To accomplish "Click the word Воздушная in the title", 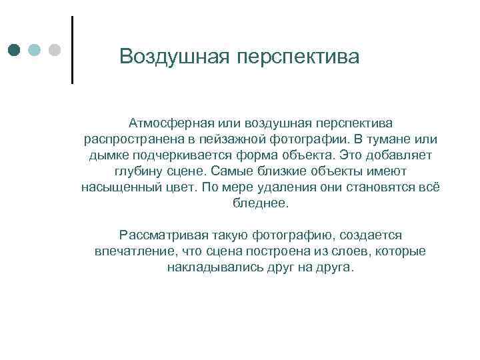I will [x=175, y=57].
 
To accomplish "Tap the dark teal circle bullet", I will [x=14, y=51].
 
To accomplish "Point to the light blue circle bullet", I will [x=35, y=51].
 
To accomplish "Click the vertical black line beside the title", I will [x=71, y=49].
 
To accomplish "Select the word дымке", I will [x=106, y=155].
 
